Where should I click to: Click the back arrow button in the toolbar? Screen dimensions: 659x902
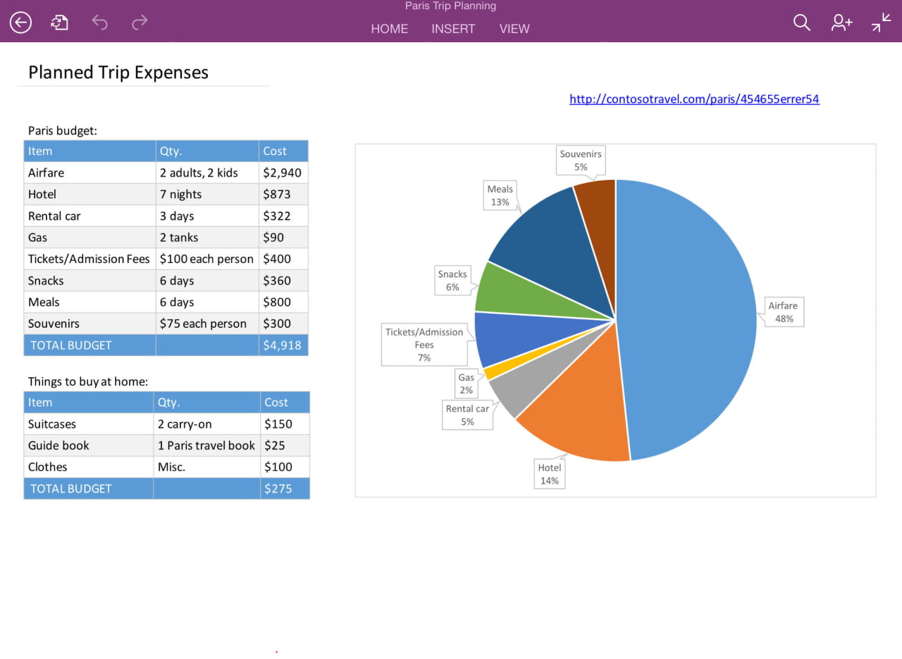20,23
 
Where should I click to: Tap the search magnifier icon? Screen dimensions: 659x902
802,23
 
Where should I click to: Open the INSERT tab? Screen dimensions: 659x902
453,29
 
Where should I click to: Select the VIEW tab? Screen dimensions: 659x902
514,29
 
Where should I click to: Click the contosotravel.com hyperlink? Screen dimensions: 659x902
694,99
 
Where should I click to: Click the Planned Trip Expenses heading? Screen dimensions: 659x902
118,73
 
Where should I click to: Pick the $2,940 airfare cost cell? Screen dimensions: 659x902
282,173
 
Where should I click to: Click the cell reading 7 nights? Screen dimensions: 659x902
180,195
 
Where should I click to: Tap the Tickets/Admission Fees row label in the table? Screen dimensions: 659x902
89,259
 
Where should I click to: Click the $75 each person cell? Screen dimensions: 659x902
203,324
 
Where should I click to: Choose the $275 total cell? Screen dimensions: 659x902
278,488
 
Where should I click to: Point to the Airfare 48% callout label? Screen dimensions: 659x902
783,312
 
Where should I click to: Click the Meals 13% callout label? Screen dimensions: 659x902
500,195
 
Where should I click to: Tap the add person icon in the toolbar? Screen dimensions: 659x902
841,23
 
